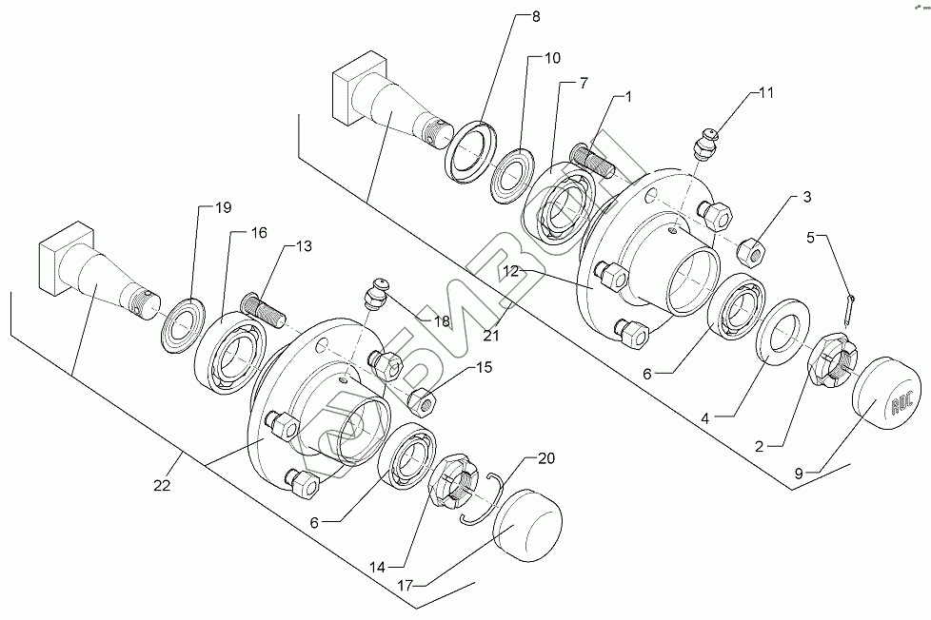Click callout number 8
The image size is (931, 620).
536,16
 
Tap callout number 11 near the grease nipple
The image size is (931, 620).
766,92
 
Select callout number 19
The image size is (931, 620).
224,207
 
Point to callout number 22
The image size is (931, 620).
162,485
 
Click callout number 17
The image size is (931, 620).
405,586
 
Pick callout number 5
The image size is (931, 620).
811,238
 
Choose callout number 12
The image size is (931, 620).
510,272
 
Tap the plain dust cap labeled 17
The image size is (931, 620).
527,525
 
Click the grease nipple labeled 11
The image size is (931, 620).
706,143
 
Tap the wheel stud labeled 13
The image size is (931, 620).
263,311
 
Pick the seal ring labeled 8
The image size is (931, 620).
472,153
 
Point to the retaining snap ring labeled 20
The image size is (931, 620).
482,498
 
